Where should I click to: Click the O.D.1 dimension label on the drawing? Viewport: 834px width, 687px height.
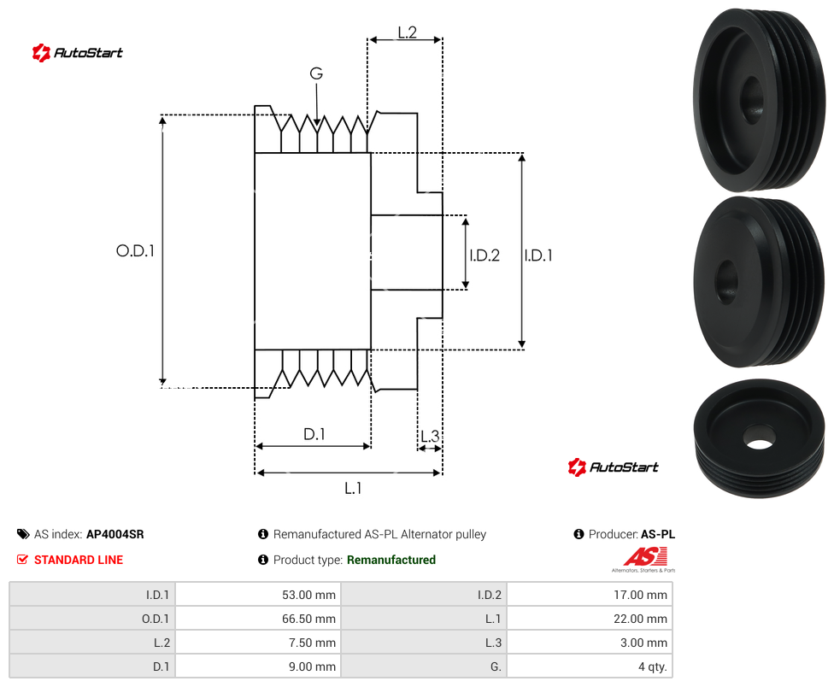pos(135,250)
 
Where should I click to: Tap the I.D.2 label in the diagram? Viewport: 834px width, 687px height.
pos(485,255)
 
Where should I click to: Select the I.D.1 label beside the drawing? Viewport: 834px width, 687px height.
pos(538,255)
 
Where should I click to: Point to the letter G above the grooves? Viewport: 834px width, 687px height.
pos(316,73)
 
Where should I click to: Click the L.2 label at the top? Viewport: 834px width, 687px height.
pos(407,32)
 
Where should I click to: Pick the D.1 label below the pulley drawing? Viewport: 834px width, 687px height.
pos(314,434)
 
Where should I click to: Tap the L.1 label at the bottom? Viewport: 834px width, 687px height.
pos(353,488)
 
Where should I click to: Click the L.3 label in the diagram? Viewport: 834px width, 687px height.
pos(430,436)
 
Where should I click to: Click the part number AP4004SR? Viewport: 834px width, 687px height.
pos(115,534)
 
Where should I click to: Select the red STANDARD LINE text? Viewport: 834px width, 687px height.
pos(79,560)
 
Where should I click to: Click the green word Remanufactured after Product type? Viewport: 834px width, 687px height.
pos(391,560)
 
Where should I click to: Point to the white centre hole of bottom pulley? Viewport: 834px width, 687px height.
pos(759,444)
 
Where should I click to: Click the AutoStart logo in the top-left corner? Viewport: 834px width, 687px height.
pos(77,53)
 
